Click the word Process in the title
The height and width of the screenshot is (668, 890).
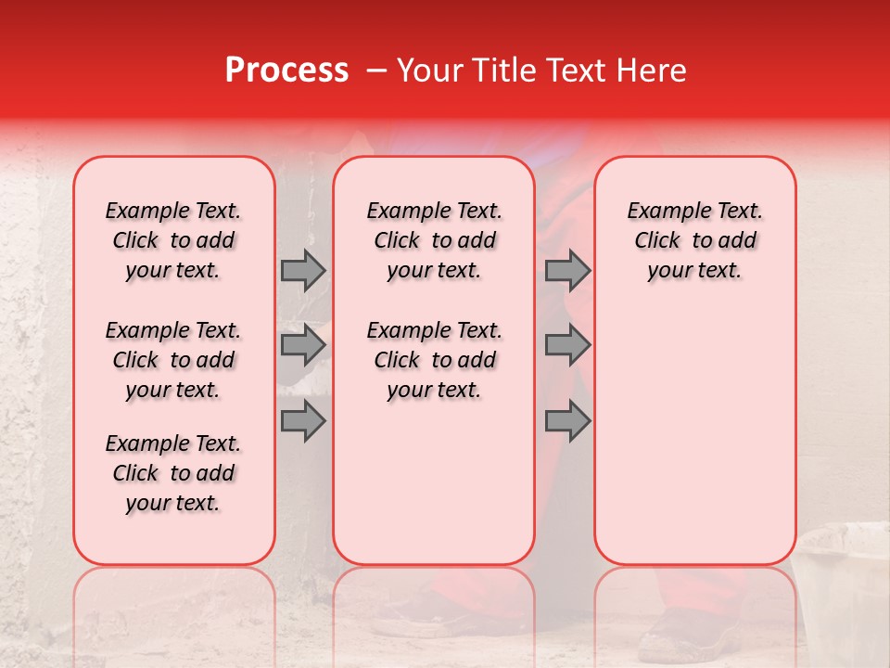pos(286,71)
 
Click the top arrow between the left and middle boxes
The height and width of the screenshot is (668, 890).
pos(303,270)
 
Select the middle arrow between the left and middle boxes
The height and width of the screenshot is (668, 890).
pos(303,346)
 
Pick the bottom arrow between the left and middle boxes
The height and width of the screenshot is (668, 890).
pos(303,420)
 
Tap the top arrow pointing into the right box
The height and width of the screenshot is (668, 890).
pos(567,270)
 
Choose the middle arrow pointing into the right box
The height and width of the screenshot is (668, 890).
pos(567,346)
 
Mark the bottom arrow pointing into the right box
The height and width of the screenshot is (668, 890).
pos(567,420)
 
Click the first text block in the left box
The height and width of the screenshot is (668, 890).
pos(173,240)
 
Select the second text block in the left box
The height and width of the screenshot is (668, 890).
pos(173,360)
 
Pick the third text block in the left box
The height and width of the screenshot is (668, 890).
pos(173,473)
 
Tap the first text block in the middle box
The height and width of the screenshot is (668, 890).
pos(434,240)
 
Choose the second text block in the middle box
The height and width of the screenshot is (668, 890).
pos(434,360)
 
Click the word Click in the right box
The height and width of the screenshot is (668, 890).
pos(657,241)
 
